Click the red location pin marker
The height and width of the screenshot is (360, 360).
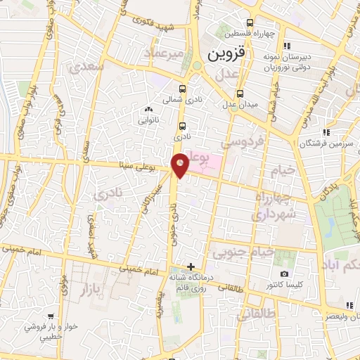(x=180, y=165)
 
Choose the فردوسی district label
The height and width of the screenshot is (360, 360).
(x=243, y=142)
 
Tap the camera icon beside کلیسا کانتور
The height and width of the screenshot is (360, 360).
(x=284, y=274)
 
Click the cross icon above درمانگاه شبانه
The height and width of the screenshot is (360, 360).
(x=191, y=266)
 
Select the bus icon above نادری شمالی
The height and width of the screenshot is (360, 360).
(x=183, y=89)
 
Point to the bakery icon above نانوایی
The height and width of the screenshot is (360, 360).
(x=148, y=109)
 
